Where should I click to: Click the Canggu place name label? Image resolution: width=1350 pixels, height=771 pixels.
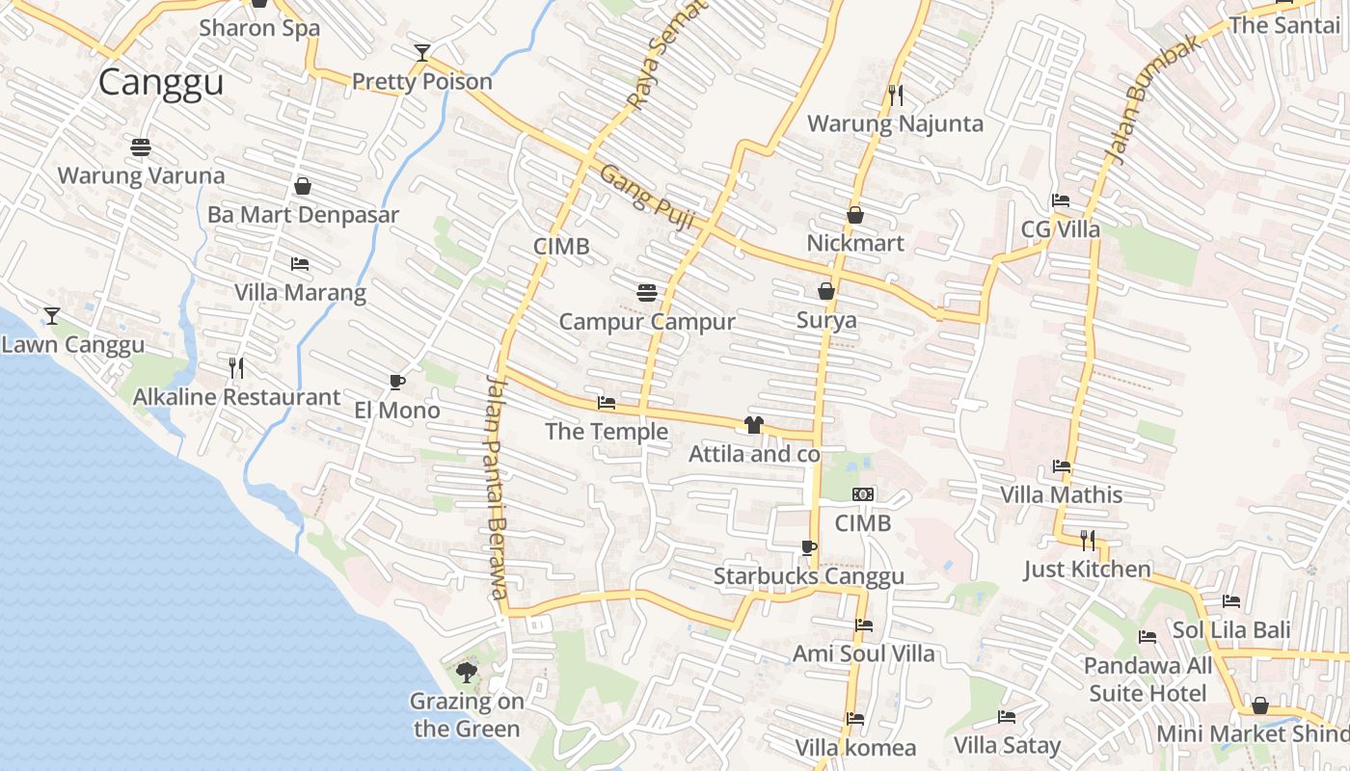coord(161,82)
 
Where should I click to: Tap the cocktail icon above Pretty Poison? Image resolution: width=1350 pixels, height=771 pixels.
coord(421,52)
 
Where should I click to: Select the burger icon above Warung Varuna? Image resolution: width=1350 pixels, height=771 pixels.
coord(141,147)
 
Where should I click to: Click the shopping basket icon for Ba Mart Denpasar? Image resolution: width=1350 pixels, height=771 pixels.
coord(303,186)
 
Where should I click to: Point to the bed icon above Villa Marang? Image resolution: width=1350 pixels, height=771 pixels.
coord(300,264)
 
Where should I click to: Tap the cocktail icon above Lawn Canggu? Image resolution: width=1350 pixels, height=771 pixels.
coord(52,315)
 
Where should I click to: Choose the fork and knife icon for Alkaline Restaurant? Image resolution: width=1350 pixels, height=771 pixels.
coord(236,367)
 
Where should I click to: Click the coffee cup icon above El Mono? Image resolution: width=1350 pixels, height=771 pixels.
coord(396,383)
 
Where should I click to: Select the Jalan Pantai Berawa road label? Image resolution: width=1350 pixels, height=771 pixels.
coord(496,487)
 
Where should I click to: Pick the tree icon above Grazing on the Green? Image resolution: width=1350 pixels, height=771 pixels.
coord(467,672)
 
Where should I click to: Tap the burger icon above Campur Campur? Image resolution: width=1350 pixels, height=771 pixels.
coord(647,292)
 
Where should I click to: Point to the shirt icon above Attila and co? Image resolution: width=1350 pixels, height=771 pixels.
coord(754,425)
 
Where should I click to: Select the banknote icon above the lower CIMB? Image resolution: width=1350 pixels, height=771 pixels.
coord(863,494)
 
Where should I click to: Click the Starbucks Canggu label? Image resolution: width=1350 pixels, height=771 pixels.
coord(809,576)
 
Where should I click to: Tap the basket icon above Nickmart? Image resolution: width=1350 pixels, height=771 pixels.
coord(855,215)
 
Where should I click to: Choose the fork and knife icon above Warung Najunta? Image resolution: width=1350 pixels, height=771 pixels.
coord(896,94)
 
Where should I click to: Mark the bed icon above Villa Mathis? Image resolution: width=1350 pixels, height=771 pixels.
coord(1062,466)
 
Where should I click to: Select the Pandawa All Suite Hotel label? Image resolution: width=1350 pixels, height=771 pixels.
coord(1147,679)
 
